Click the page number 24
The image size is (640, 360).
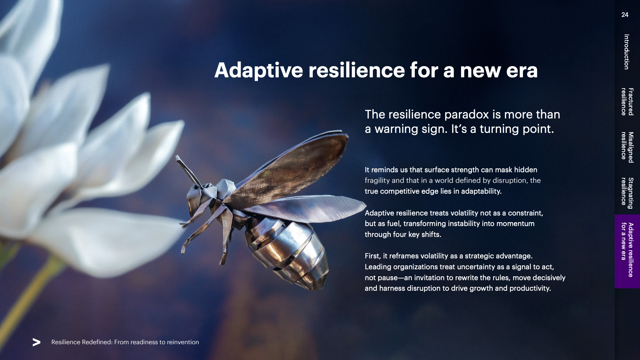tap(625, 15)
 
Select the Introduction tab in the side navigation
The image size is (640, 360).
tap(626, 52)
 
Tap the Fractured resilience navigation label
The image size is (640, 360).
tap(627, 102)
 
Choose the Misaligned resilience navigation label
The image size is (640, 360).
tap(627, 147)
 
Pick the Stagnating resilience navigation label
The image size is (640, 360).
tap(627, 193)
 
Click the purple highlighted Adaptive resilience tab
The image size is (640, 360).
tap(627, 251)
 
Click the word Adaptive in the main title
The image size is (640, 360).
tap(259, 70)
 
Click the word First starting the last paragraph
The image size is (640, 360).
tap(373, 256)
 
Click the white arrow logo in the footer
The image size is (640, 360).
tap(37, 342)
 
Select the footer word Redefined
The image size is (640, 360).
tap(96, 342)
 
